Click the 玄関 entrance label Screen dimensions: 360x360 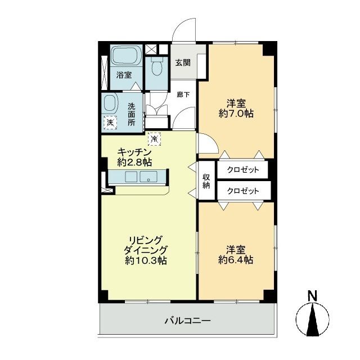click(x=182, y=62)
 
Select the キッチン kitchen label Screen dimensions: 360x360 click(x=135, y=152)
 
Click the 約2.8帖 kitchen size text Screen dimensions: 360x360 click(x=135, y=162)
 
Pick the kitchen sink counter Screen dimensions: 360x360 click(x=137, y=178)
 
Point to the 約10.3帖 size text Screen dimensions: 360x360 click(x=145, y=260)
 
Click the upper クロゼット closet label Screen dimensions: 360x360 click(x=243, y=169)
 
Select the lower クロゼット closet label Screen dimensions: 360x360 click(x=243, y=191)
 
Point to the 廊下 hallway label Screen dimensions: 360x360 click(x=183, y=94)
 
